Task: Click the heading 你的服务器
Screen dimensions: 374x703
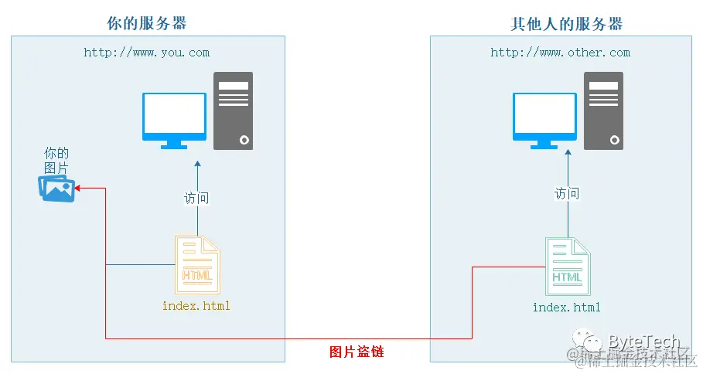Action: coord(148,23)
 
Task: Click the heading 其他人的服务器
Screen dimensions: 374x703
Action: coord(566,23)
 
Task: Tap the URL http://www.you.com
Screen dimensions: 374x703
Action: coord(147,53)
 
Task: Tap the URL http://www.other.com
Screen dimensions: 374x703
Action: coord(560,53)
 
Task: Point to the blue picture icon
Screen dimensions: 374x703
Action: coord(57,188)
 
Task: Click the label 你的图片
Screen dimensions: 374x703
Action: coord(56,160)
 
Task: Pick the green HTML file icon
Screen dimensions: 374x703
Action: coord(567,267)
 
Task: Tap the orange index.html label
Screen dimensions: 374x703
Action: coord(196,306)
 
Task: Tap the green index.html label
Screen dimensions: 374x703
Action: coord(567,308)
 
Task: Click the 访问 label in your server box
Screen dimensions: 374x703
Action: coord(196,198)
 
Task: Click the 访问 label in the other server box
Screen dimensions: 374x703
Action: coord(567,193)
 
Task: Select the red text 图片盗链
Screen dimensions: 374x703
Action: coord(357,352)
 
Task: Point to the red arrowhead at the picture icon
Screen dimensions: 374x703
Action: coord(79,188)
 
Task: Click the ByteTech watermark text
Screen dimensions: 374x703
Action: coord(643,342)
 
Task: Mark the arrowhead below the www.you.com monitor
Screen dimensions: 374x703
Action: coord(197,165)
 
